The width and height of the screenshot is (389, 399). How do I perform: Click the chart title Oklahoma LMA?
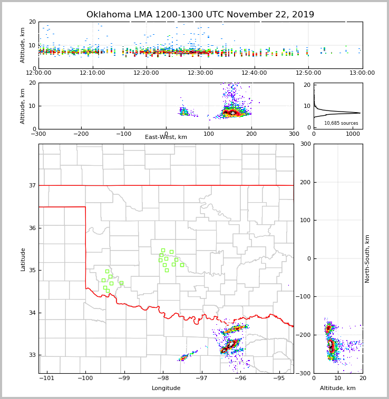[200, 15]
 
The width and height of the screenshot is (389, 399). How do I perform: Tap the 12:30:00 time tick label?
[200, 73]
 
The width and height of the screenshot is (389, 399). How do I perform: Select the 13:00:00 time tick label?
[362, 73]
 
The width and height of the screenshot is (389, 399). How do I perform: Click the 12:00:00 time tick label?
[38, 73]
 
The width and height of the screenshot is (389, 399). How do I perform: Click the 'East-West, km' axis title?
[166, 137]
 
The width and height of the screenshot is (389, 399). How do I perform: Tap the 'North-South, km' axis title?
[367, 258]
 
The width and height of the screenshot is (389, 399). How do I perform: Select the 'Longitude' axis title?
[166, 388]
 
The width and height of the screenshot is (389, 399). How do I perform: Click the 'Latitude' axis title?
[23, 259]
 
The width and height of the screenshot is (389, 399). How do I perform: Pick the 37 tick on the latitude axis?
[33, 185]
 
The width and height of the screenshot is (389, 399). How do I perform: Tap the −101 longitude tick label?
[47, 378]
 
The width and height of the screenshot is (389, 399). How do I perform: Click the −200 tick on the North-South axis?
[304, 335]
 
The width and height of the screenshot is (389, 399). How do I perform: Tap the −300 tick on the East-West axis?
[38, 134]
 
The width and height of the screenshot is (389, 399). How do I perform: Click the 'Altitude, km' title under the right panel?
[338, 388]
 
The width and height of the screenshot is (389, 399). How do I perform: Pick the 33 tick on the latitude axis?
[33, 355]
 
